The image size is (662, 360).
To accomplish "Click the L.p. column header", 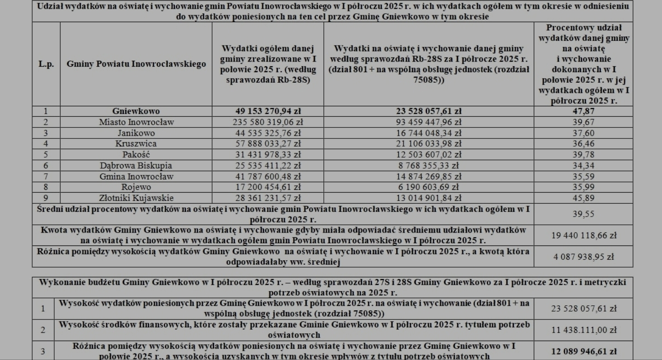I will click(x=46, y=64).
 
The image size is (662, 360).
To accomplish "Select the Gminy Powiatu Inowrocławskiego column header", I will click(x=136, y=64).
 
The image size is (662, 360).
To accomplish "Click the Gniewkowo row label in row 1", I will click(x=136, y=111).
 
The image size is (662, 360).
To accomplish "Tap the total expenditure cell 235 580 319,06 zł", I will click(x=267, y=122).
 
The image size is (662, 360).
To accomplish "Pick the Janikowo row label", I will click(x=136, y=133).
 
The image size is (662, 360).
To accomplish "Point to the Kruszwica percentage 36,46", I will click(x=583, y=143).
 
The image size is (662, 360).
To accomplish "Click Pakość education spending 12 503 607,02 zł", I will click(x=428, y=154).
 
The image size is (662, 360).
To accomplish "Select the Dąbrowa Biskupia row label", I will click(x=136, y=166).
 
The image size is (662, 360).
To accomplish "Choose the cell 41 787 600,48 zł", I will click(x=267, y=176).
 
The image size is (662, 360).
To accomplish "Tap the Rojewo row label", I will click(x=136, y=187).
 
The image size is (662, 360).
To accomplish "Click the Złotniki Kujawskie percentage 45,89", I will click(x=583, y=198).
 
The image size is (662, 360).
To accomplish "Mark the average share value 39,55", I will click(x=583, y=214).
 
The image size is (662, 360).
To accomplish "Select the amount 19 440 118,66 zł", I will click(x=583, y=235).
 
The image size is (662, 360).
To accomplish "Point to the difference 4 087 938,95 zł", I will click(x=583, y=257).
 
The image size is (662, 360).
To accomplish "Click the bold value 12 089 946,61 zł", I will click(x=583, y=351).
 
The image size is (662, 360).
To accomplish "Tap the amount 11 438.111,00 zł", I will click(x=583, y=330).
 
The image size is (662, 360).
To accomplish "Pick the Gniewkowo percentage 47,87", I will click(x=583, y=111).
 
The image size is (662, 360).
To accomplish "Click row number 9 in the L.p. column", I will click(x=46, y=198).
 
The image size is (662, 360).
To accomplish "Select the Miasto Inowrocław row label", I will click(x=136, y=122).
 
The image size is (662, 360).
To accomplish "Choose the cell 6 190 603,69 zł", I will click(x=428, y=187).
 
